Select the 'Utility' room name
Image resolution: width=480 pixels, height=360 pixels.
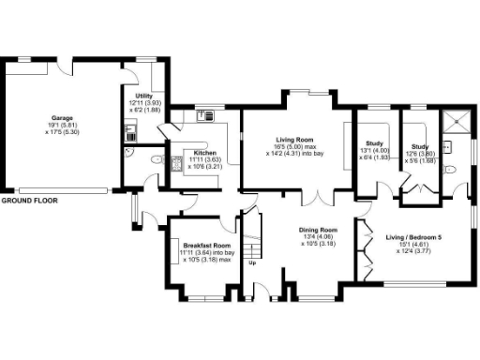[143, 96]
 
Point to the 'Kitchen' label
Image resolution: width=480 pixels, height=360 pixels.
[205, 153]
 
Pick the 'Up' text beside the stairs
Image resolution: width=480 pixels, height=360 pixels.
[253, 262]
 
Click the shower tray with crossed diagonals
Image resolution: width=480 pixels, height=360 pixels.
[457, 118]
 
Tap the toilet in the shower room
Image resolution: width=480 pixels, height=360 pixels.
[450, 170]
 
